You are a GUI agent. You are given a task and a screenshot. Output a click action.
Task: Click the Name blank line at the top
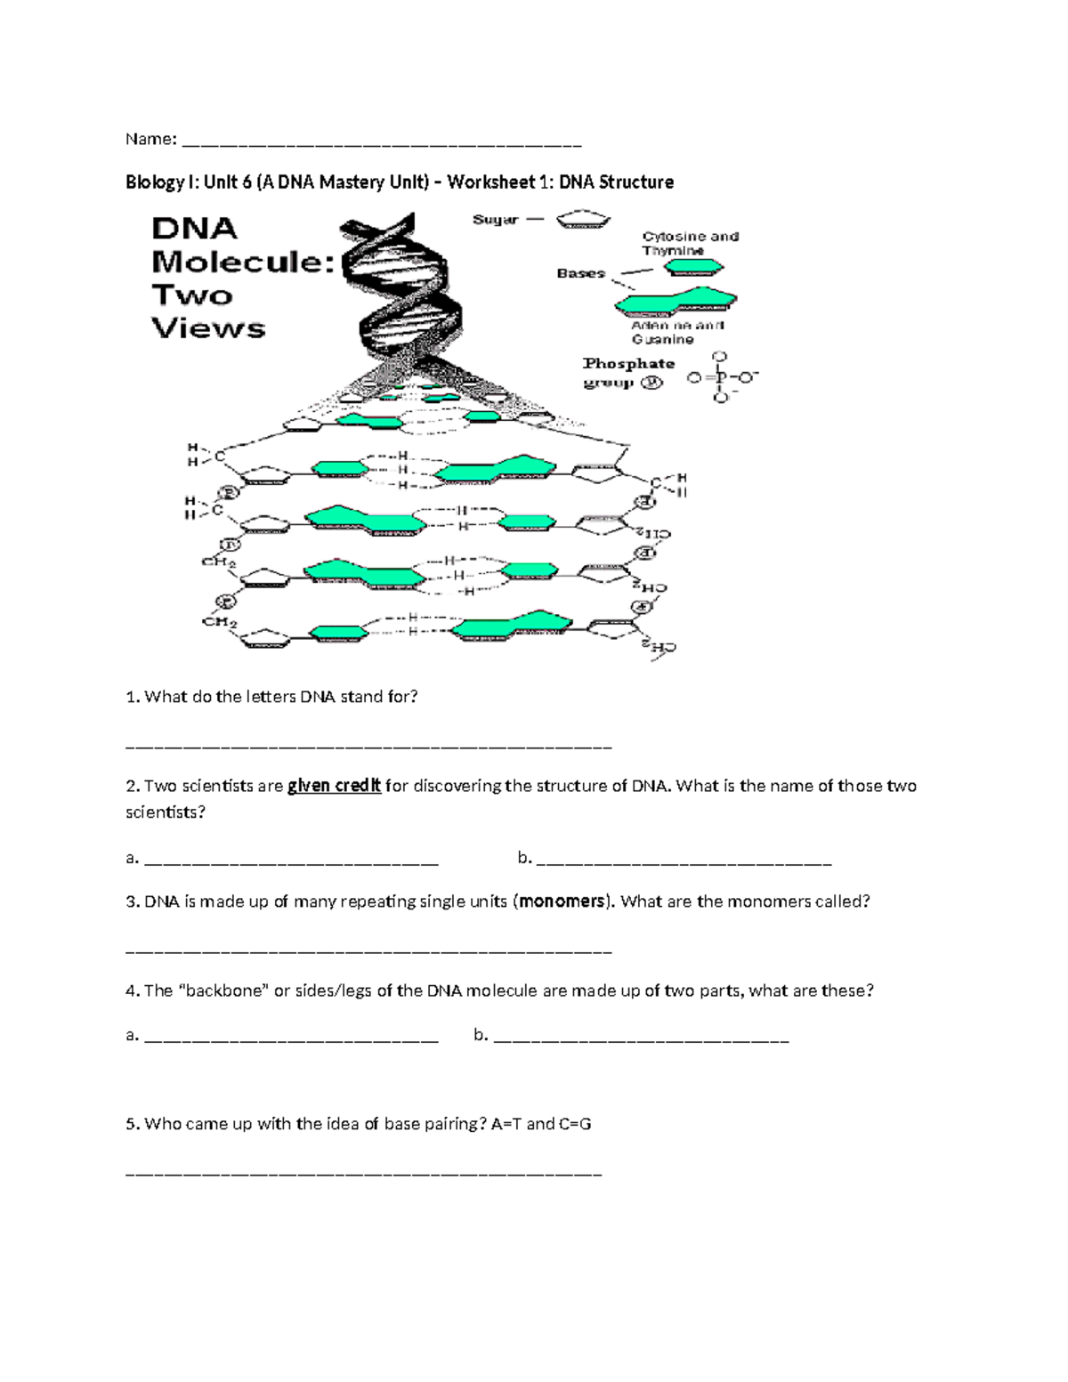pyautogui.click(x=381, y=142)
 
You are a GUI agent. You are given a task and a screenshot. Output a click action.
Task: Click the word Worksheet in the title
pyautogui.click(x=490, y=182)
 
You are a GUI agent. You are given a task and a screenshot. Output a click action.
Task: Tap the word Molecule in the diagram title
pyautogui.click(x=242, y=263)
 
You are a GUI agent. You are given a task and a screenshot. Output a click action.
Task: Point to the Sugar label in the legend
pyautogui.click(x=495, y=220)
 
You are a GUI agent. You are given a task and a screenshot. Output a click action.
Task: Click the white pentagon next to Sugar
pyautogui.click(x=583, y=220)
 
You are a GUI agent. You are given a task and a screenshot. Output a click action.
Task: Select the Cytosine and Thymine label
pyautogui.click(x=690, y=243)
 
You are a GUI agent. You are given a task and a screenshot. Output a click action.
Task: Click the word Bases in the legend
pyautogui.click(x=580, y=273)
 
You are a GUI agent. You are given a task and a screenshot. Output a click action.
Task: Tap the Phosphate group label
pyautogui.click(x=627, y=373)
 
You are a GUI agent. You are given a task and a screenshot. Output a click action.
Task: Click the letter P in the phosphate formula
pyautogui.click(x=721, y=377)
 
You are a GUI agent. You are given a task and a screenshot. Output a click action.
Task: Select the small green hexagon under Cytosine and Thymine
pyautogui.click(x=693, y=267)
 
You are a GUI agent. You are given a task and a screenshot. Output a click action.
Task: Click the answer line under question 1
pyautogui.click(x=369, y=747)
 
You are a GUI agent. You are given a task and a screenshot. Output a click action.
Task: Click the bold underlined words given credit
pyautogui.click(x=334, y=786)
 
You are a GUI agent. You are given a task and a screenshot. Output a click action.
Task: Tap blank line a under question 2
pyautogui.click(x=291, y=861)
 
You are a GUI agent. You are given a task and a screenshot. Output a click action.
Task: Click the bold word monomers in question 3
pyautogui.click(x=562, y=901)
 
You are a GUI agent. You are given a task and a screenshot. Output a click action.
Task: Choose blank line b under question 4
pyautogui.click(x=641, y=1039)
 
